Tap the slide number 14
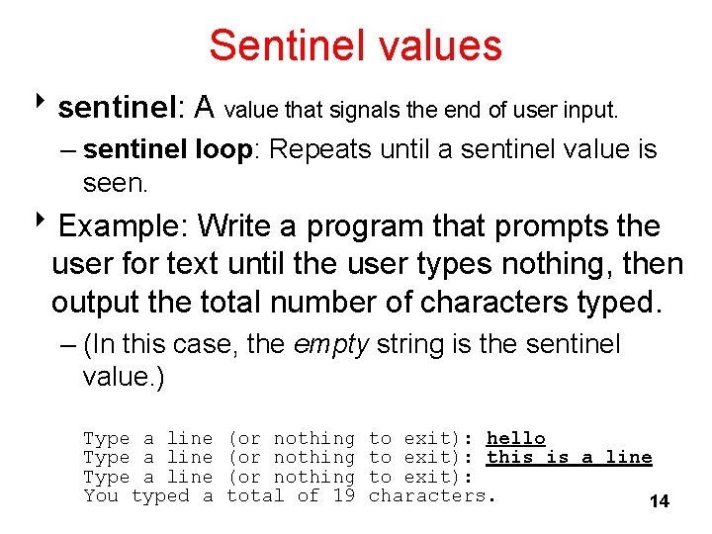659,501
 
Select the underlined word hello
515,438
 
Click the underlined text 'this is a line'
569,457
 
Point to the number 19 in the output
342,495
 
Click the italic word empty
330,344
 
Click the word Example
123,226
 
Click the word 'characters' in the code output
429,495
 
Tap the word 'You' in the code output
101,495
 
